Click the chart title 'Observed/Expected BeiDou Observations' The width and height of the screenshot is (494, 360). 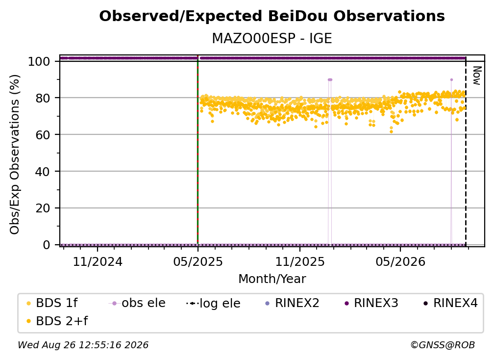pyautogui.click(x=272, y=16)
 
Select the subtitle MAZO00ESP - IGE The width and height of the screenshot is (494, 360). pyautogui.click(x=272, y=39)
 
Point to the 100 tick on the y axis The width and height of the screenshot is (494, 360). pyautogui.click(x=39, y=61)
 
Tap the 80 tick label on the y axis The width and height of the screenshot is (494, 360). pyautogui.click(x=43, y=98)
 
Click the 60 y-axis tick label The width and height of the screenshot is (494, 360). pyautogui.click(x=43, y=135)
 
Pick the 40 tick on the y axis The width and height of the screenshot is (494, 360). pyautogui.click(x=43, y=172)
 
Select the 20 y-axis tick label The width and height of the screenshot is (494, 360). pyautogui.click(x=43, y=208)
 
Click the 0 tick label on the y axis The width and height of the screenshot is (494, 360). pyautogui.click(x=47, y=245)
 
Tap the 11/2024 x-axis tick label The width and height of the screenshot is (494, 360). pyautogui.click(x=98, y=261)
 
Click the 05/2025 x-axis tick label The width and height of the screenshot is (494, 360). pyautogui.click(x=198, y=261)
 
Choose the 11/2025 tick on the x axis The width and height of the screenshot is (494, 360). pyautogui.click(x=300, y=261)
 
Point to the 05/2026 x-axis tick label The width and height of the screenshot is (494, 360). pyautogui.click(x=400, y=261)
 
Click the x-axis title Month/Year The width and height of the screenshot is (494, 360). pyautogui.click(x=272, y=279)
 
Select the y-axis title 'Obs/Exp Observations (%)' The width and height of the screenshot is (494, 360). pyautogui.click(x=15, y=154)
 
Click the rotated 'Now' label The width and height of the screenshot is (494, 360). pyautogui.click(x=477, y=76)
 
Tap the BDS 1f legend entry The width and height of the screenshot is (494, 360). pyautogui.click(x=52, y=303)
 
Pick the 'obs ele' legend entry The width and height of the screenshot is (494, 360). pyautogui.click(x=137, y=303)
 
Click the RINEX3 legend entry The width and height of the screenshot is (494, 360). pyautogui.click(x=371, y=303)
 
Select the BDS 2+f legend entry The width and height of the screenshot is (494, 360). pyautogui.click(x=57, y=321)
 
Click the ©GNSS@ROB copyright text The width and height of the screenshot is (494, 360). pyautogui.click(x=443, y=345)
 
